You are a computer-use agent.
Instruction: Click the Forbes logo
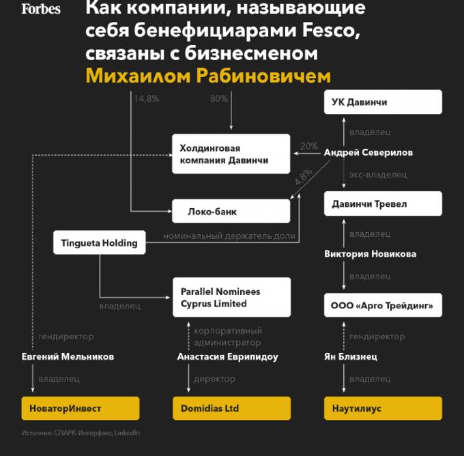click(x=41, y=9)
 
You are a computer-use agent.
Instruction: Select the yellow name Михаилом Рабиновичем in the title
click(x=208, y=76)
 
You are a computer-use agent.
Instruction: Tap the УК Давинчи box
click(x=383, y=102)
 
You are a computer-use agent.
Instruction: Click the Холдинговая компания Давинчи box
click(x=231, y=154)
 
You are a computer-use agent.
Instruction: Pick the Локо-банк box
click(x=231, y=212)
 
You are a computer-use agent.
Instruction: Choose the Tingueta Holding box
click(x=99, y=242)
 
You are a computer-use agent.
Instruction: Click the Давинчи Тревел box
click(x=383, y=203)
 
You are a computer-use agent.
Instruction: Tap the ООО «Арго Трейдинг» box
click(x=383, y=305)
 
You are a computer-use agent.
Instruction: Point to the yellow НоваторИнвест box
click(x=80, y=408)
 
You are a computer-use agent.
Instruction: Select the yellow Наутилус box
click(x=383, y=408)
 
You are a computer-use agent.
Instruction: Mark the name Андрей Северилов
click(x=368, y=153)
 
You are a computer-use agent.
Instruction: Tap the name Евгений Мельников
click(x=68, y=356)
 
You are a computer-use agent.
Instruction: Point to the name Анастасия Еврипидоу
click(x=227, y=356)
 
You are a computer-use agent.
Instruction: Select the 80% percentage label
click(x=219, y=98)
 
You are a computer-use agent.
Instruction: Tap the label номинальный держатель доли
click(x=229, y=237)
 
